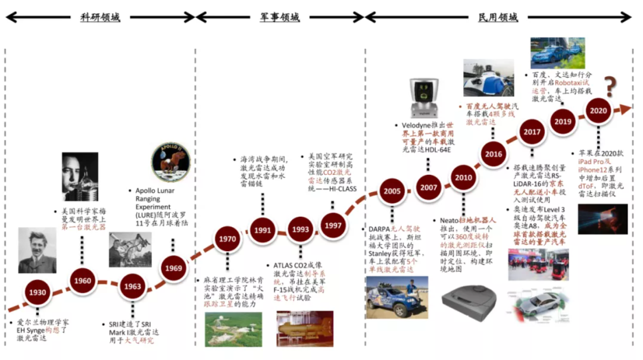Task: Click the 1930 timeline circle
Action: (37, 293)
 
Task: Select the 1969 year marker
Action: (174, 268)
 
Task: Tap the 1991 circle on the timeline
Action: (263, 230)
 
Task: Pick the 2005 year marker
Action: (392, 192)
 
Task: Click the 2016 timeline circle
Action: (494, 155)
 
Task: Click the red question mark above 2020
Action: (610, 87)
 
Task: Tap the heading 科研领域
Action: (100, 17)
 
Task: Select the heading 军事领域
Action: (279, 17)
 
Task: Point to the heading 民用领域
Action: (498, 17)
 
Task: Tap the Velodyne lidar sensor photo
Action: (423, 98)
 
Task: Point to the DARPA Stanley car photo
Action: (397, 296)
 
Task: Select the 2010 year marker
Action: (463, 177)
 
